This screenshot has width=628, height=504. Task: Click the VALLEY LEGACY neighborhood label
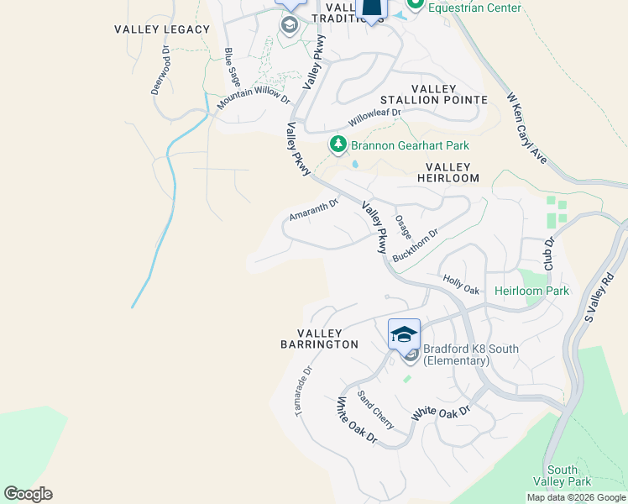[162, 29]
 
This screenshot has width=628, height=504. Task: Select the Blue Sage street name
[231, 67]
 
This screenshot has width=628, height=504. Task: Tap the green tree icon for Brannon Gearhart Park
[338, 145]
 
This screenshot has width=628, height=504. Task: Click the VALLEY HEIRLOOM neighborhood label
[452, 172]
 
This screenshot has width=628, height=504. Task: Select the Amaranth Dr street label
[313, 209]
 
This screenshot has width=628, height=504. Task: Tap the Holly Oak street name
[460, 284]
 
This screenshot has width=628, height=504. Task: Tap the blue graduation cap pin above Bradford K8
[404, 333]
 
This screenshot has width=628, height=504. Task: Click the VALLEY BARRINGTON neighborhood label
[319, 339]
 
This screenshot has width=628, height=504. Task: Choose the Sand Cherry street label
[375, 409]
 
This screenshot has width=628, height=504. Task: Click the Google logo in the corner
[28, 494]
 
